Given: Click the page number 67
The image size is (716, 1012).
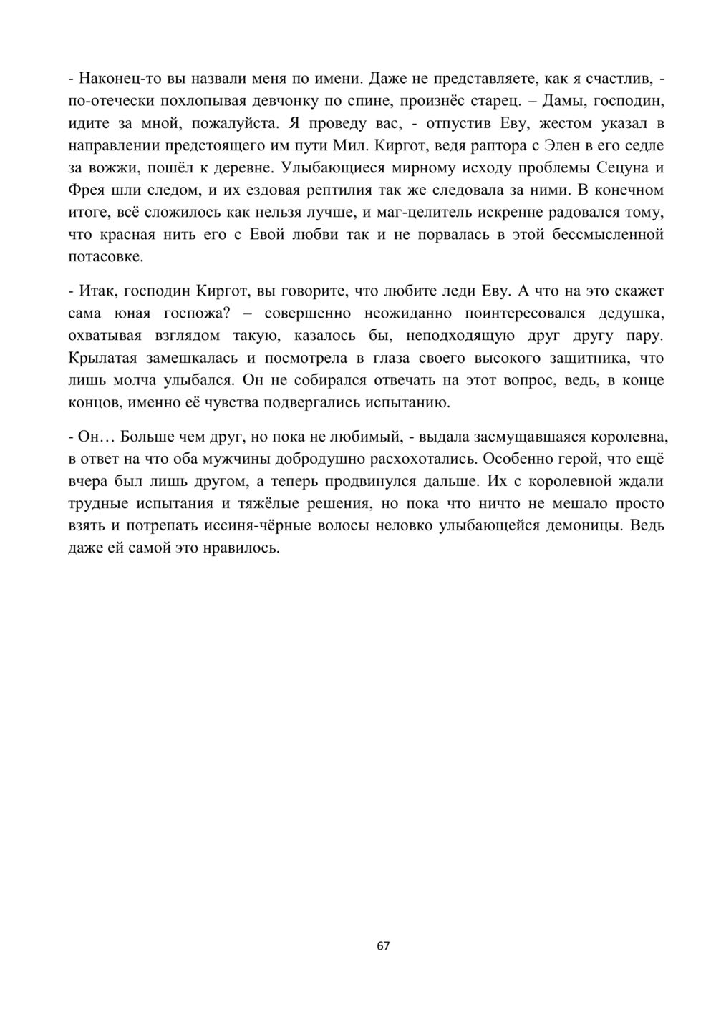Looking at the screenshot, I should point(383,945).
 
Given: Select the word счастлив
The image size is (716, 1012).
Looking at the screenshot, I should point(615,78).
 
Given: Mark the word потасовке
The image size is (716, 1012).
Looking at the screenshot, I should point(105,256).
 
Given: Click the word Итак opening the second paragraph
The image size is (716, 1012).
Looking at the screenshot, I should point(96,291).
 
